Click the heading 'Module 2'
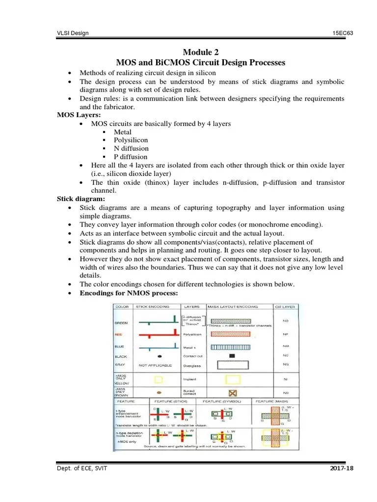click(x=200, y=52)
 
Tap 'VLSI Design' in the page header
click(x=73, y=33)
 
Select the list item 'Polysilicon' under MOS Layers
click(x=131, y=140)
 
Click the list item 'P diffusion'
click(x=131, y=157)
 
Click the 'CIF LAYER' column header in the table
click(x=286, y=306)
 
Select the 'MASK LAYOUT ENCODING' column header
click(x=233, y=306)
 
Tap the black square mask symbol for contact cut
click(x=232, y=355)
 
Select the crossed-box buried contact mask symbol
click(x=232, y=394)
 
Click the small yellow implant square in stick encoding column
click(x=158, y=379)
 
